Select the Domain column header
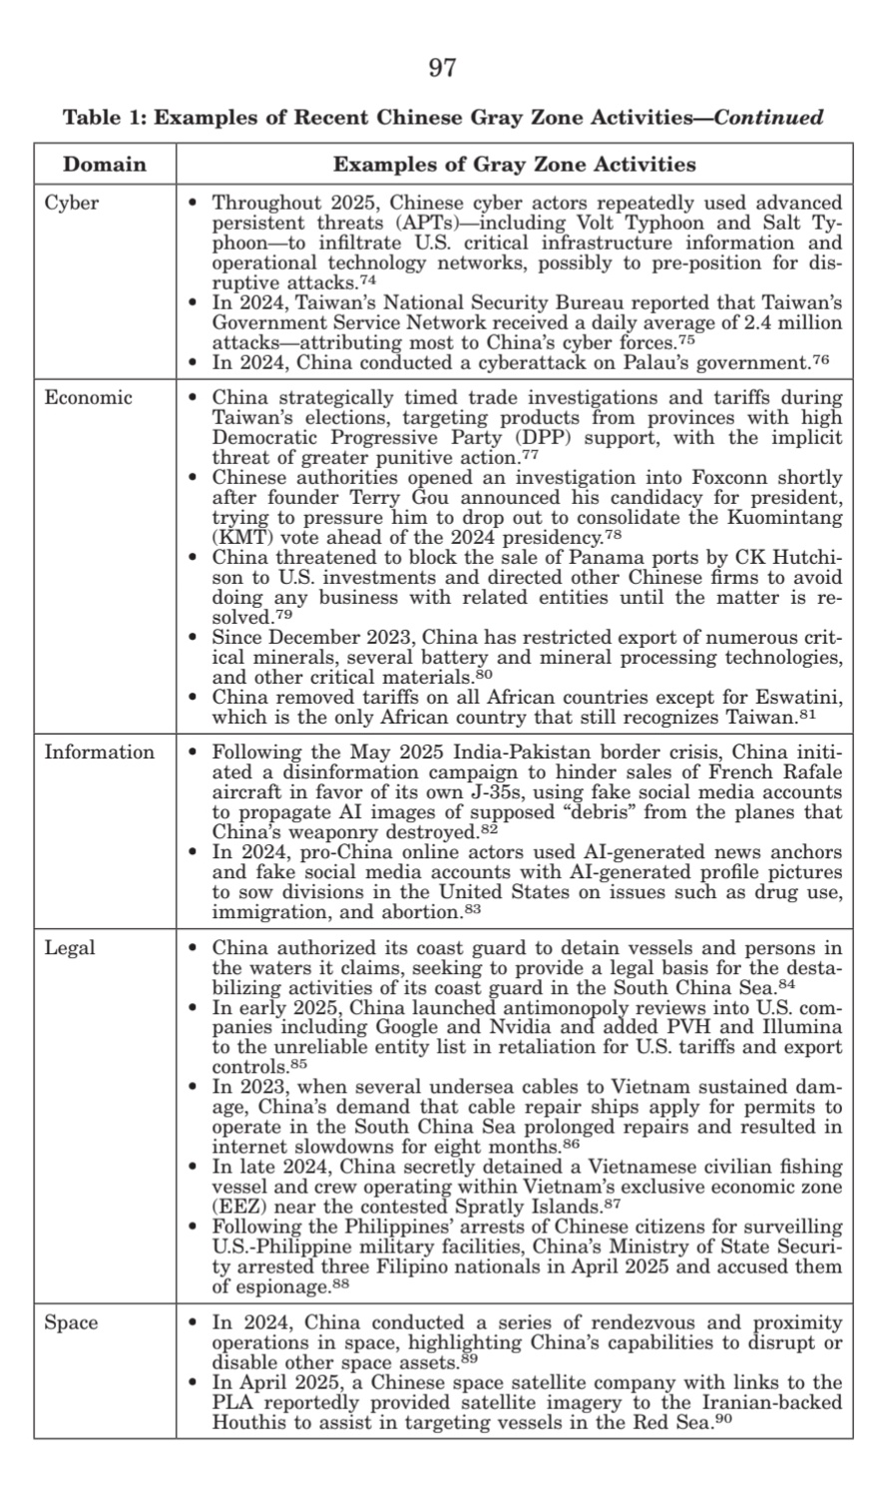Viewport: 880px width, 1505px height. point(104,164)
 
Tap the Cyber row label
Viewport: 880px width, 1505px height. point(72,203)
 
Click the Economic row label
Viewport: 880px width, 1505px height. point(88,397)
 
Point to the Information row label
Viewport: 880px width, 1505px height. point(99,752)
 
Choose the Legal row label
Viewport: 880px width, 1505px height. point(70,947)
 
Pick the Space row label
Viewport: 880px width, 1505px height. point(71,1323)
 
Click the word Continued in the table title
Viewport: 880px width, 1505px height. point(769,118)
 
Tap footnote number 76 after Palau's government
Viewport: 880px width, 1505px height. point(821,357)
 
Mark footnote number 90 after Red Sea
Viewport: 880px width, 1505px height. point(724,1418)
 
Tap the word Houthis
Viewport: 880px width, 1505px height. point(245,1422)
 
